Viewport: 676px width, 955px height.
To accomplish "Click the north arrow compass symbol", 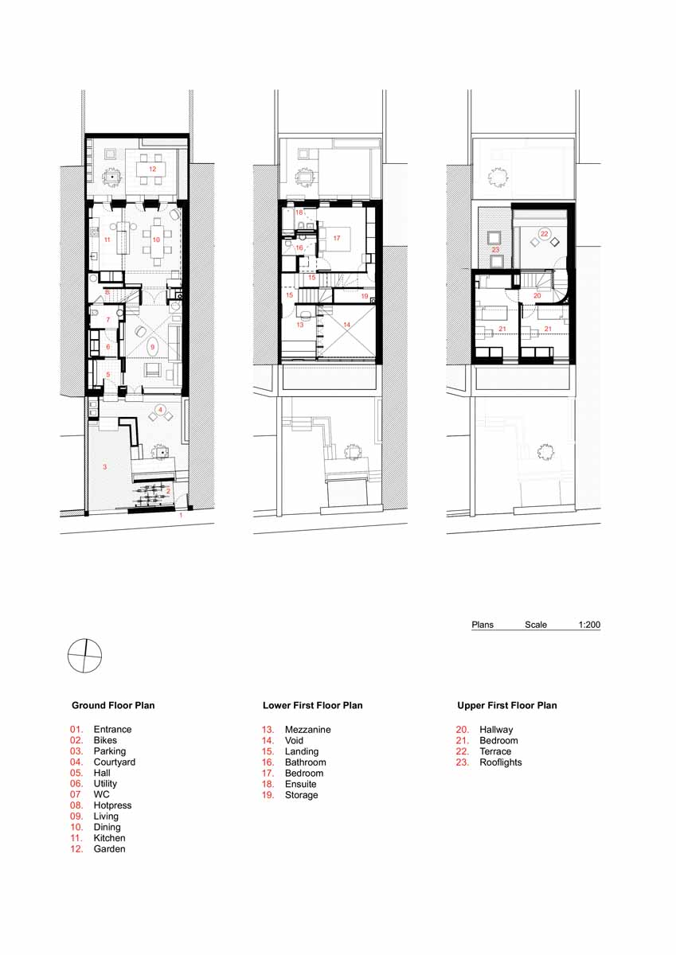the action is pyautogui.click(x=85, y=656).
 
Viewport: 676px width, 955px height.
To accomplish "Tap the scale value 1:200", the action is pyautogui.click(x=589, y=625).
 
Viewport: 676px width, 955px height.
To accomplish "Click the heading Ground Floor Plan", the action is pyautogui.click(x=113, y=705).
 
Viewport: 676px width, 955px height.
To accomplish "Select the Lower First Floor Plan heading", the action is pyautogui.click(x=313, y=705).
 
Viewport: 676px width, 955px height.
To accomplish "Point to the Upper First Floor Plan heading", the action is pyautogui.click(x=507, y=705).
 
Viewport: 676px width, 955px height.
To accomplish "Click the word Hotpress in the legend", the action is pyautogui.click(x=112, y=805).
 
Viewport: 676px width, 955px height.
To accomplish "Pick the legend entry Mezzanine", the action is pyautogui.click(x=308, y=730).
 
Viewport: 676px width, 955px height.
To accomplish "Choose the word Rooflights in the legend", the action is pyautogui.click(x=501, y=762).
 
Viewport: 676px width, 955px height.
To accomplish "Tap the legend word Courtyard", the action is pyautogui.click(x=115, y=762).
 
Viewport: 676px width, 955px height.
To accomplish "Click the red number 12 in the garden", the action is pyautogui.click(x=152, y=169).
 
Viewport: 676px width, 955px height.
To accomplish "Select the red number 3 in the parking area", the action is pyautogui.click(x=105, y=467).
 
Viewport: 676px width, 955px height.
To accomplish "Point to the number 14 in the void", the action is pyautogui.click(x=346, y=325).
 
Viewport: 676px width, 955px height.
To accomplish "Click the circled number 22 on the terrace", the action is pyautogui.click(x=544, y=234).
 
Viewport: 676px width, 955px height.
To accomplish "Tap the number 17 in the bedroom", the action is pyautogui.click(x=337, y=238).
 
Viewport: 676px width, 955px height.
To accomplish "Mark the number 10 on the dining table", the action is pyautogui.click(x=156, y=240).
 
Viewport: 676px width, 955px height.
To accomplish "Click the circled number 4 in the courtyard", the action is pyautogui.click(x=160, y=410).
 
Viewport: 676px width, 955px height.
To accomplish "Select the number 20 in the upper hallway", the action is pyautogui.click(x=537, y=295).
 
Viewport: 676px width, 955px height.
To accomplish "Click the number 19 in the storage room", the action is pyautogui.click(x=365, y=296).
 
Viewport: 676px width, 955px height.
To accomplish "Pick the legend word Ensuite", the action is pyautogui.click(x=301, y=784).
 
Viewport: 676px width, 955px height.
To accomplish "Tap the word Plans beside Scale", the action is pyautogui.click(x=483, y=625).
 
